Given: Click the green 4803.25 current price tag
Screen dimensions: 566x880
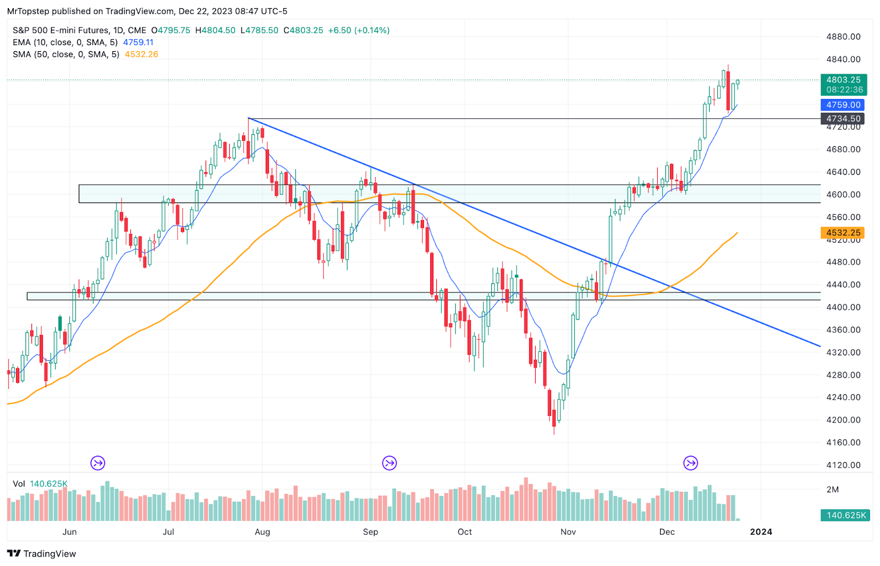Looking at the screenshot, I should pos(843,85).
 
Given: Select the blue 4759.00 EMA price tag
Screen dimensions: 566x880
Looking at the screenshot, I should pos(843,105).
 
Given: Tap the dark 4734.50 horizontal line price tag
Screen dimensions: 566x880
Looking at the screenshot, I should pos(843,118).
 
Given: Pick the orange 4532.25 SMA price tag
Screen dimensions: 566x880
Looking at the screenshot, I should pos(843,233).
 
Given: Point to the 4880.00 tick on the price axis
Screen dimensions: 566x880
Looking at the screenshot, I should pos(843,37).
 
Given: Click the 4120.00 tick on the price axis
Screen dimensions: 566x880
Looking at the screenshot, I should pos(843,465).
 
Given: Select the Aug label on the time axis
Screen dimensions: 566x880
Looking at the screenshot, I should pos(262,532).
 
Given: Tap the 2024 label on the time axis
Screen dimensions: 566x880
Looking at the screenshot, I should pos(761,532).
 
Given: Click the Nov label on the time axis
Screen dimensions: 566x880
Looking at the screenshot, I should pos(568,532).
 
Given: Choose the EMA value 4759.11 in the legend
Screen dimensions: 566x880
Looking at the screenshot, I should pos(138,42).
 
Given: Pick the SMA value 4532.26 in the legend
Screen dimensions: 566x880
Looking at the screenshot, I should pos(141,54).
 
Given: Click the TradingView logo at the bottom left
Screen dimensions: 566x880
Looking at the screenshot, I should pos(42,553).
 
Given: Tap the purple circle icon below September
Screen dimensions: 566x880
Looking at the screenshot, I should pos(389,463).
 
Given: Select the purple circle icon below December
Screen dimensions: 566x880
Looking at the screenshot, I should pos(691,463).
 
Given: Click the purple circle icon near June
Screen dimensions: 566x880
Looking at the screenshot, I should pos(98,463).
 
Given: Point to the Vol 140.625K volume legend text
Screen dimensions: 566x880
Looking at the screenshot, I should pos(40,484).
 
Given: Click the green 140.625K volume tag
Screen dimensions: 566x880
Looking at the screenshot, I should pos(845,515).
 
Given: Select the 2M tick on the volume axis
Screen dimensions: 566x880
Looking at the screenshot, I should pos(833,490).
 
